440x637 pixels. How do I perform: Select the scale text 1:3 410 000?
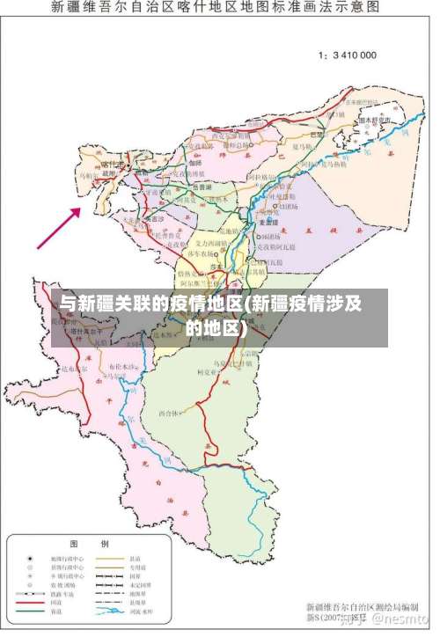[x=347, y=55]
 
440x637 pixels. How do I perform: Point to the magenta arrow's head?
[x=82, y=209]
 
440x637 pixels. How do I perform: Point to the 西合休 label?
[x=169, y=413]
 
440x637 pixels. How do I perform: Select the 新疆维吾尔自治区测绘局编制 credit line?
[x=361, y=607]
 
